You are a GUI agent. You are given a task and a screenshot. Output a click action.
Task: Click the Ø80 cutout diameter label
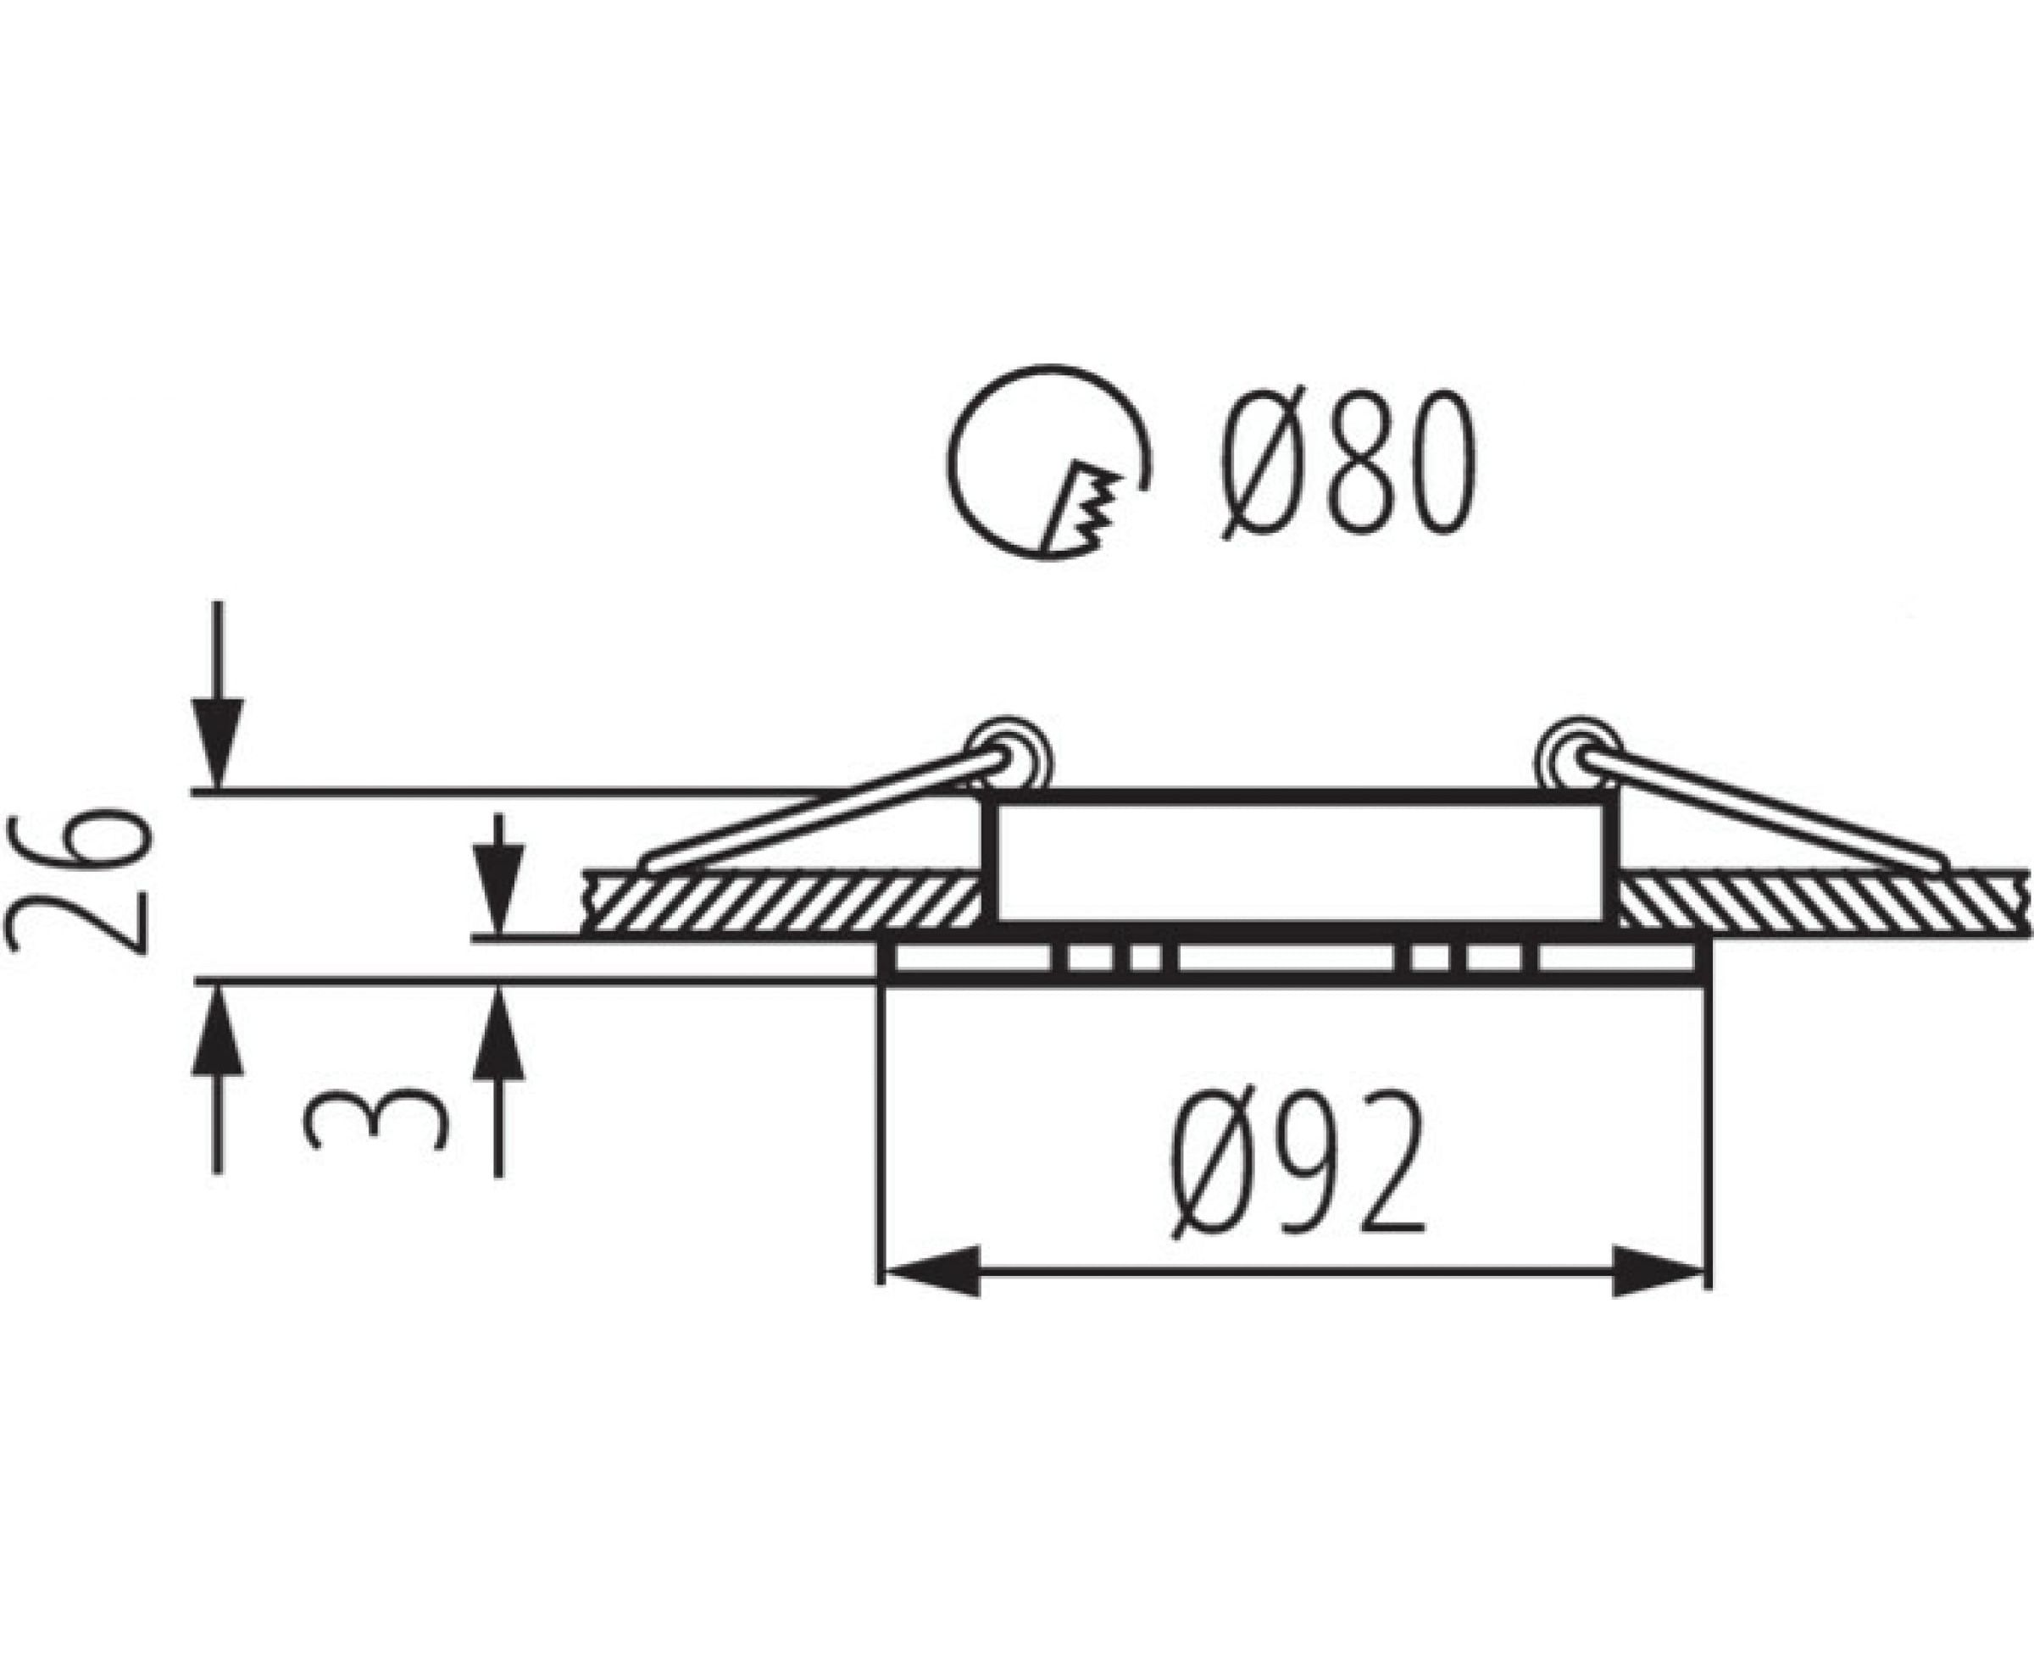point(1348,463)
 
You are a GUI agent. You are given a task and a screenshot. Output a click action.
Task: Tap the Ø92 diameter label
point(1298,1165)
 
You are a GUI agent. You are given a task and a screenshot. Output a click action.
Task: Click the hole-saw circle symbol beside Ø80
point(1051,463)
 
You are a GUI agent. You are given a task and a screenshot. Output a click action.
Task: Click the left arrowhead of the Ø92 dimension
point(931,1271)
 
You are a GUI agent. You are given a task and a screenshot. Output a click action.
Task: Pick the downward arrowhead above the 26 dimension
point(218,744)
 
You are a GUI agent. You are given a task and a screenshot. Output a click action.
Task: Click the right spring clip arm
point(1763,811)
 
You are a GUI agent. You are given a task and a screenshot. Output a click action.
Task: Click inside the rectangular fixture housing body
point(1299,861)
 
